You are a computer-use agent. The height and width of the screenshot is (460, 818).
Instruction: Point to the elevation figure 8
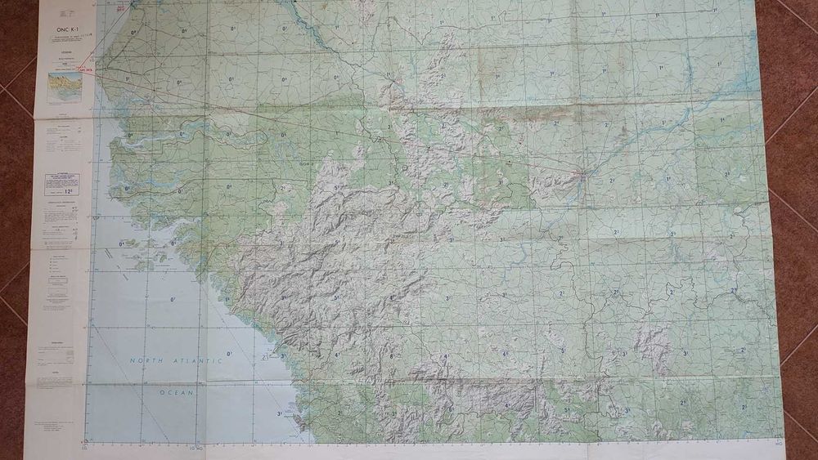pos(391,356)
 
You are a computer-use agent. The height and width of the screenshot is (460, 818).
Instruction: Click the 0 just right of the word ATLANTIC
pos(230,354)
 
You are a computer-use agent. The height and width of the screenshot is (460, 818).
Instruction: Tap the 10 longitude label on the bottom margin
pos(194,448)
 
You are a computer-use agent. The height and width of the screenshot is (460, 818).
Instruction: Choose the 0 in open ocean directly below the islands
pos(173,300)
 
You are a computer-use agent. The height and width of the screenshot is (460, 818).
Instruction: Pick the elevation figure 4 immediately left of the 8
pos(335,355)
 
